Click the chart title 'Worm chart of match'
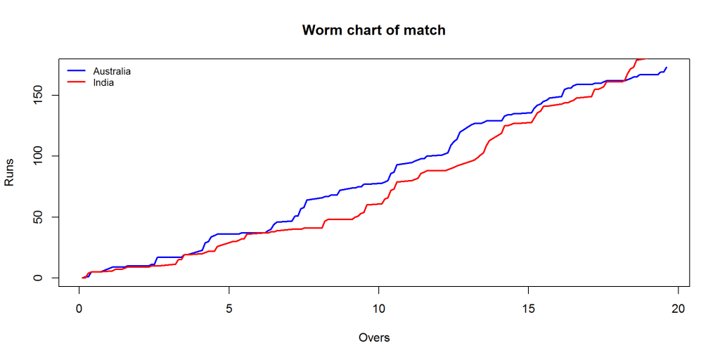pos(373,30)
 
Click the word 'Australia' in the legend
pos(112,71)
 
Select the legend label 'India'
pos(103,82)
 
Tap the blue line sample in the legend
pos(76,71)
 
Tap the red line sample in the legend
pos(76,82)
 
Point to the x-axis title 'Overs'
pos(373,337)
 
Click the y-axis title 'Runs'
pos(10,173)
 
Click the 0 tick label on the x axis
pos(79,308)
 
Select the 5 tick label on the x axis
pos(229,308)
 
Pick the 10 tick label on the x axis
pos(378,308)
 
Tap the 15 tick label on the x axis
pos(528,308)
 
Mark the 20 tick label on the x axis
pos(678,308)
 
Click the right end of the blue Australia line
pos(666,67)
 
